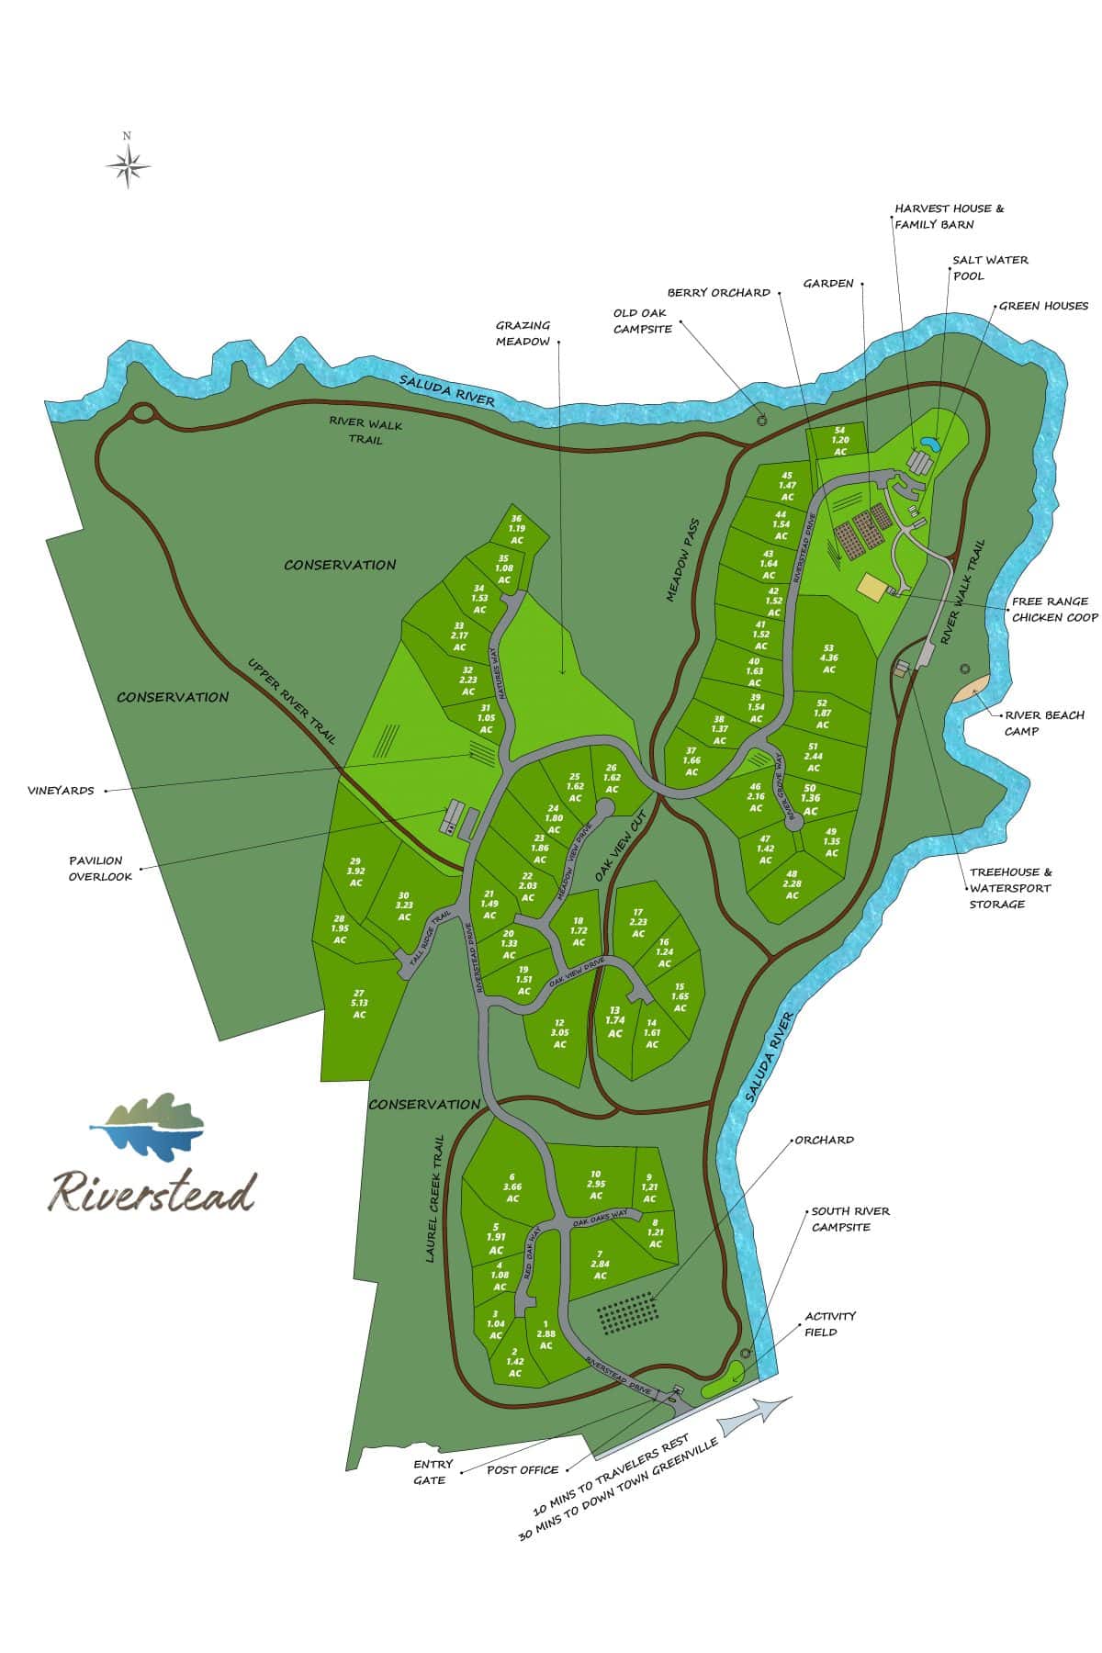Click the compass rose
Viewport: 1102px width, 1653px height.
point(129,165)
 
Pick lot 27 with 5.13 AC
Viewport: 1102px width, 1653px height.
point(359,1003)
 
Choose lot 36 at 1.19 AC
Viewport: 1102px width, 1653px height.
point(516,530)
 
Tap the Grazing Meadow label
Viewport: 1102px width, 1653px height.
point(523,332)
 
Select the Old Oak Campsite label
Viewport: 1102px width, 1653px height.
point(643,320)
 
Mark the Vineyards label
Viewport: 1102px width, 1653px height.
point(61,790)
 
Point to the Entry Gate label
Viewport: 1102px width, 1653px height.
point(429,1472)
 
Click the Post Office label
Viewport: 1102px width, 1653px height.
point(523,1469)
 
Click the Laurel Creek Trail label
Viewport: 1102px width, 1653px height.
point(435,1198)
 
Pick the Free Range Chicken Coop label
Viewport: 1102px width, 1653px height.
point(1054,610)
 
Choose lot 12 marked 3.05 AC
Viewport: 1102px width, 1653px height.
point(559,1032)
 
